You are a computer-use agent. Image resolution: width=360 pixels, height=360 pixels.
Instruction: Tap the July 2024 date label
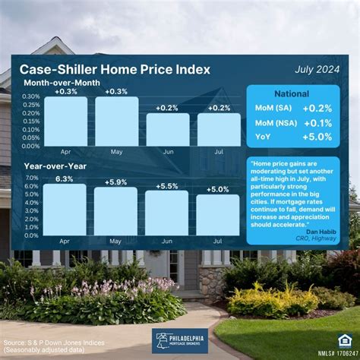[x=317, y=70]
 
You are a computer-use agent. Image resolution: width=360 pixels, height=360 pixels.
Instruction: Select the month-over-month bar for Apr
[x=65, y=122]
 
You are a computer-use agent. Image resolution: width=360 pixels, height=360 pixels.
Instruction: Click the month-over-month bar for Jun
[x=167, y=130]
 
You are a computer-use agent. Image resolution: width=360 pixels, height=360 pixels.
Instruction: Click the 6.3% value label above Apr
[x=64, y=179]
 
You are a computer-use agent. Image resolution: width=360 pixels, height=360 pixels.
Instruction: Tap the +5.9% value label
[x=115, y=182]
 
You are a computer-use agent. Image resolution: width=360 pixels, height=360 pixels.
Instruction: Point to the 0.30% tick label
[x=30, y=96]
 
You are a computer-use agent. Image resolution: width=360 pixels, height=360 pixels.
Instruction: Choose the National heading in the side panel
[x=296, y=94]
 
